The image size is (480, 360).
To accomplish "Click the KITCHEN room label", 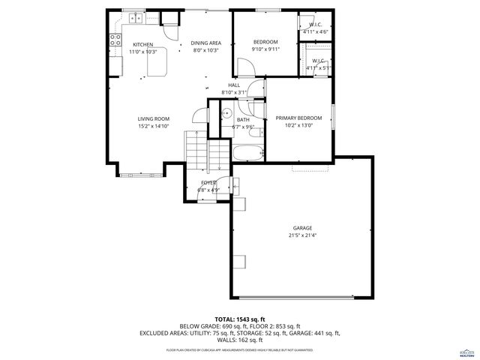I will coord(143,44).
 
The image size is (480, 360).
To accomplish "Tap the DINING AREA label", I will coord(205,43).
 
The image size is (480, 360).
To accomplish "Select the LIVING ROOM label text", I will coord(153,118).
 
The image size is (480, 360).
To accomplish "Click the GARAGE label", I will coord(302,228).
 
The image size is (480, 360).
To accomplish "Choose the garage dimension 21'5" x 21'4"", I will coord(302,235).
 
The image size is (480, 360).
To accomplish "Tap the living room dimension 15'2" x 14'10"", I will coord(153,127).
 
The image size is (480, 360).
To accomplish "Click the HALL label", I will coord(234,85).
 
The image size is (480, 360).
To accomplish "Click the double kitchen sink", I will coord(136,18).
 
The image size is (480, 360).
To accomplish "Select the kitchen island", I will coord(157,67).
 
